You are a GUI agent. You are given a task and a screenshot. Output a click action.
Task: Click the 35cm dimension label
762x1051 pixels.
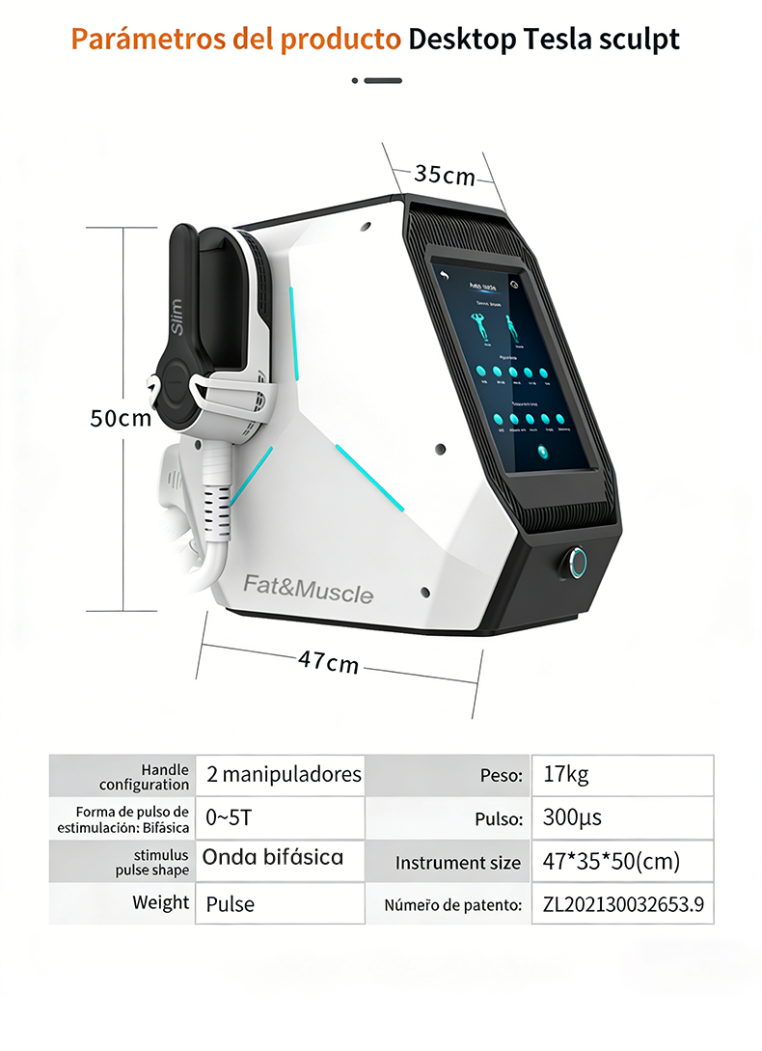[x=445, y=175]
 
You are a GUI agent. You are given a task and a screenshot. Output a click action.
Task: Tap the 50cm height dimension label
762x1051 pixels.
[x=121, y=418]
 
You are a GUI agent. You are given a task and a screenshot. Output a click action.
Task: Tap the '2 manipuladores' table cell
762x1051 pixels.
[x=284, y=774]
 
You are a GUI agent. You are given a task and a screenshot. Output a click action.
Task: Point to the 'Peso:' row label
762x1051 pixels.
[x=502, y=775]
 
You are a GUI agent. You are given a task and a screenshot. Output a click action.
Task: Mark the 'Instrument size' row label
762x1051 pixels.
[x=457, y=863]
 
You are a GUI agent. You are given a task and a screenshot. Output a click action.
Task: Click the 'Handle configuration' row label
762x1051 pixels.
[x=144, y=777]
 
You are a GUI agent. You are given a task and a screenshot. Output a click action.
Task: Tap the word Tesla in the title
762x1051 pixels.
[x=559, y=40]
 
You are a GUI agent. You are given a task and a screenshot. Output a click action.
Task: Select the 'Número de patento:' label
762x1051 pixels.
[x=453, y=905]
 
